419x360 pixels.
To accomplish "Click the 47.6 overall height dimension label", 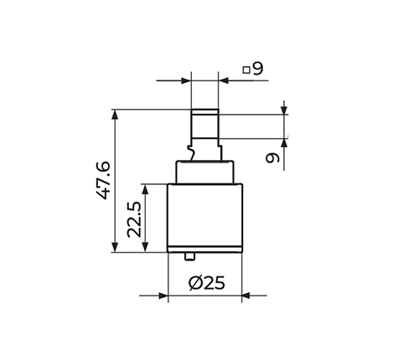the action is pos(103,180).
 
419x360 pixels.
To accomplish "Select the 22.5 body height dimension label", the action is pos(134,219).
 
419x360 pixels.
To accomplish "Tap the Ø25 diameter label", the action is pos(206,283).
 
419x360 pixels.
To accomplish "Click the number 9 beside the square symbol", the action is pos(257,69).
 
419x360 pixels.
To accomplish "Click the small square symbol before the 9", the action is pos(246,69).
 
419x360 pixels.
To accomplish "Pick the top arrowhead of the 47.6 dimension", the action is pos(115,115).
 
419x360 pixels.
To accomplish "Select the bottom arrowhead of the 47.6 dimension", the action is pos(115,247).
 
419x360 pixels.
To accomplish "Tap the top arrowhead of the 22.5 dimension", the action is pos(145,189).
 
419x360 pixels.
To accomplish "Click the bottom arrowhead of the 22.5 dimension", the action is pos(145,247).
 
